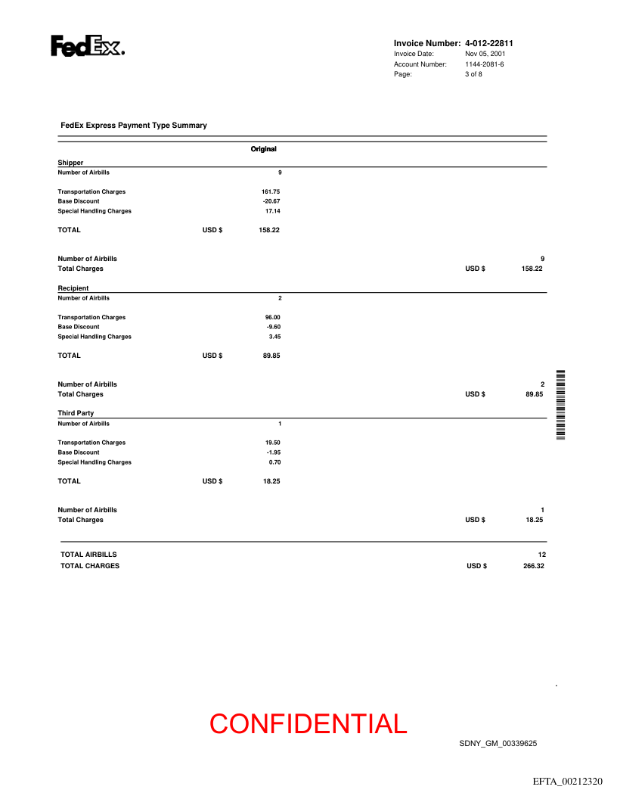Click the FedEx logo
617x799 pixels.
point(88,47)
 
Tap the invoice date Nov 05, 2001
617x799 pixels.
point(485,54)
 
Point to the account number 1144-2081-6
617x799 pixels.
point(484,64)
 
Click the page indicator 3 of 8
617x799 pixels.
point(473,74)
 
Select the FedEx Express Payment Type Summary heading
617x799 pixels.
point(133,126)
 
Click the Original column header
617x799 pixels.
point(263,149)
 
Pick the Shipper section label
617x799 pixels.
point(70,163)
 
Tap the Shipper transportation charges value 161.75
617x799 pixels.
point(271,192)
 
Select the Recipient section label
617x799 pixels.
point(73,288)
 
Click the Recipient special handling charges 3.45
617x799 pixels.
point(274,337)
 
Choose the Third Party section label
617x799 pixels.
point(76,413)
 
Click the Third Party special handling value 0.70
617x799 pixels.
point(274,462)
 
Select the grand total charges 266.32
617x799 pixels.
point(533,566)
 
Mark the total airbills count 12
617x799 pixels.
point(541,555)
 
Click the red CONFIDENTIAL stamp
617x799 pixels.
point(308,724)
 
